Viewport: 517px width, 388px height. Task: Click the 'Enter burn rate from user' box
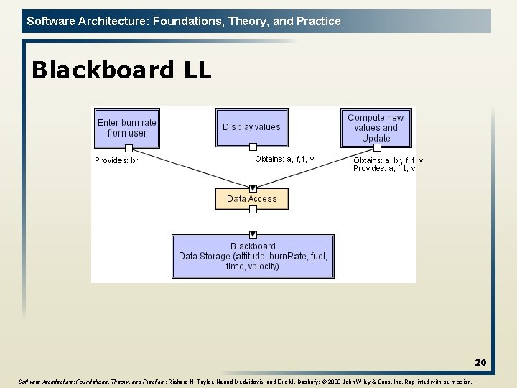coord(126,127)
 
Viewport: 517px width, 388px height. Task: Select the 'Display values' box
coord(251,127)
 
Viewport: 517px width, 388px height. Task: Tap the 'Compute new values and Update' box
coord(376,127)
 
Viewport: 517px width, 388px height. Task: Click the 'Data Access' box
coord(252,199)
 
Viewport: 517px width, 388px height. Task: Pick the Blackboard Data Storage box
coord(253,256)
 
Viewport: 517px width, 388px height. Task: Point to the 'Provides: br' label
coord(116,160)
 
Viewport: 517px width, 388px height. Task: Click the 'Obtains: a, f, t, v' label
coord(284,159)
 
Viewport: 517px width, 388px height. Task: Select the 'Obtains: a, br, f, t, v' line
coord(388,160)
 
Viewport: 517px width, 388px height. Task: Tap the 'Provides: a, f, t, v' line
coord(384,168)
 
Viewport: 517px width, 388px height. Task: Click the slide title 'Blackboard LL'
coord(121,70)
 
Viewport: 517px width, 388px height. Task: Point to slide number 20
coord(480,363)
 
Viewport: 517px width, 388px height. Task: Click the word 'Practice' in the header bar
coord(319,21)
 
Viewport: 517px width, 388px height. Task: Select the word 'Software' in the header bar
coord(50,21)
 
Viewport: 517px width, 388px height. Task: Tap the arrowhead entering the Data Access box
coord(253,188)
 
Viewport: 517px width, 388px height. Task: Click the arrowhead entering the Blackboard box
coord(253,234)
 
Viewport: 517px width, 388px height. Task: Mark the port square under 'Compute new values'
coord(376,148)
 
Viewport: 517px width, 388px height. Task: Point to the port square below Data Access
coord(253,210)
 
